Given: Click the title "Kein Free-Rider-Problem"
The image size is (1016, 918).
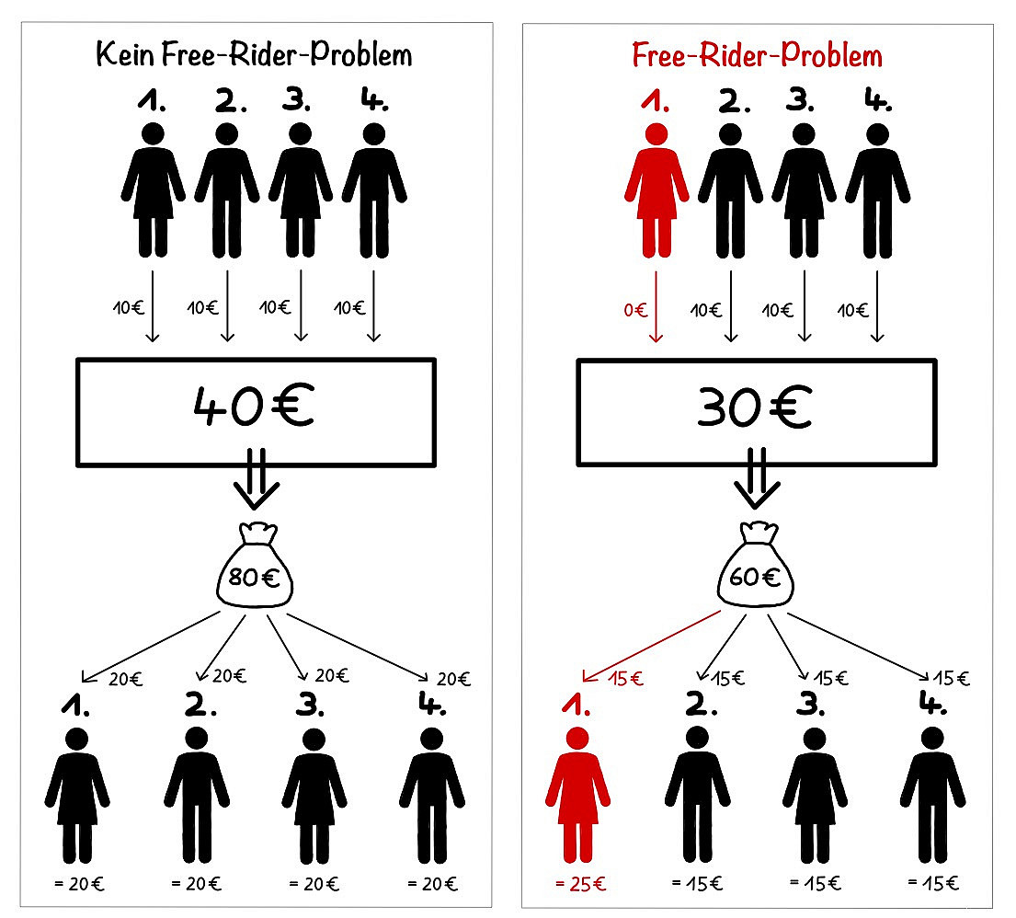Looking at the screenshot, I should coord(255,55).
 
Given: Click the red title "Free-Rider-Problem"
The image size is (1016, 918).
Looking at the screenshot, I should coord(757,55).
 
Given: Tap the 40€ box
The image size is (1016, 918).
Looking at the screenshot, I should coord(255,411).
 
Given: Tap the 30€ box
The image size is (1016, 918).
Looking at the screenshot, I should coord(756,411).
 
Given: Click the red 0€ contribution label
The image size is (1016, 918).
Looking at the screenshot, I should coord(635,310).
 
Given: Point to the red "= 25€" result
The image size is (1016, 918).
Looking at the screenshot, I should coord(580,885).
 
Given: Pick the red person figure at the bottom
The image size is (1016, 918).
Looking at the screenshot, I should coord(577,796).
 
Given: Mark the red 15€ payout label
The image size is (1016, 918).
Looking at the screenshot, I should coord(626,681).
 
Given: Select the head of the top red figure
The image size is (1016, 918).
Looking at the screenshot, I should coord(656,134).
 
